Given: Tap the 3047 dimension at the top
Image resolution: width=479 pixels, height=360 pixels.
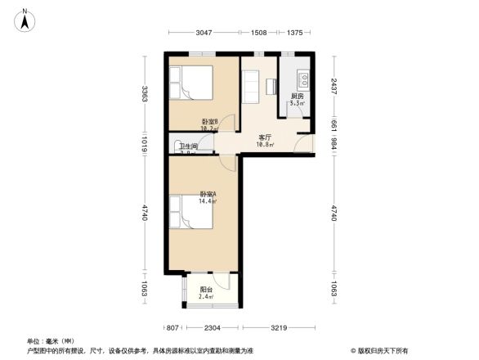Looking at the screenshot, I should point(204,33).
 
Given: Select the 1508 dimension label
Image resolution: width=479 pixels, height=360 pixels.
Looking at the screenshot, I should point(258,33).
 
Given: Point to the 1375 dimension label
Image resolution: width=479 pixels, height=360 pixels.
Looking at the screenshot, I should point(294,33).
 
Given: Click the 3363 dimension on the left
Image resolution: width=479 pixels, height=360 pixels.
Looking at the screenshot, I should point(144,93).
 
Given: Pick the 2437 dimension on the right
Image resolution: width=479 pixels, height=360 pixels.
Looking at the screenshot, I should point(334,88).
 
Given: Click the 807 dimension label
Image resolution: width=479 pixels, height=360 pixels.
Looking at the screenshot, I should point(172,328).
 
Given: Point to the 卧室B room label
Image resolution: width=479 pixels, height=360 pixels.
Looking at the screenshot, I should point(209,123).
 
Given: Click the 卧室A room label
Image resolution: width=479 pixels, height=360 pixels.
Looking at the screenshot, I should point(208,195).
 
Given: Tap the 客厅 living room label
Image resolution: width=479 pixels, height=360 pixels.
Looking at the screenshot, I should point(265,137).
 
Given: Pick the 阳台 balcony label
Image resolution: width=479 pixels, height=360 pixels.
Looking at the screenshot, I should point(206,290).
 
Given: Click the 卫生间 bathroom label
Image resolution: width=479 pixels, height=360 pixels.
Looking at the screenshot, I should point(188,146).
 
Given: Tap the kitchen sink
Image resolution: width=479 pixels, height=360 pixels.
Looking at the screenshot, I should point(301,80).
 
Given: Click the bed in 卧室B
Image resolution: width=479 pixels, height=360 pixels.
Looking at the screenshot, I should point(190,83).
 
